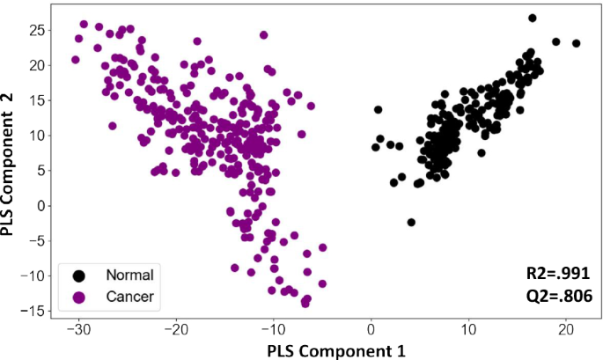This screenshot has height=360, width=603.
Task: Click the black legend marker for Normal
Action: (79, 275)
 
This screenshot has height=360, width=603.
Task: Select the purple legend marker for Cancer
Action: (79, 297)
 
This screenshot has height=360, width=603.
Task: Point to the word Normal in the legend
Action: (129, 275)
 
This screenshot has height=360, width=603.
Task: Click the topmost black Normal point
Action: (532, 18)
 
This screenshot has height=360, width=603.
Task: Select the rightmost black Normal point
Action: (577, 43)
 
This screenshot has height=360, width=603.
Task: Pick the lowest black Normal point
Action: (411, 222)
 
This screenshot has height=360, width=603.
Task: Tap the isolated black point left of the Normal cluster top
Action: (379, 110)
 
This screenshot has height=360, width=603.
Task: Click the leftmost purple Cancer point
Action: (75, 60)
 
